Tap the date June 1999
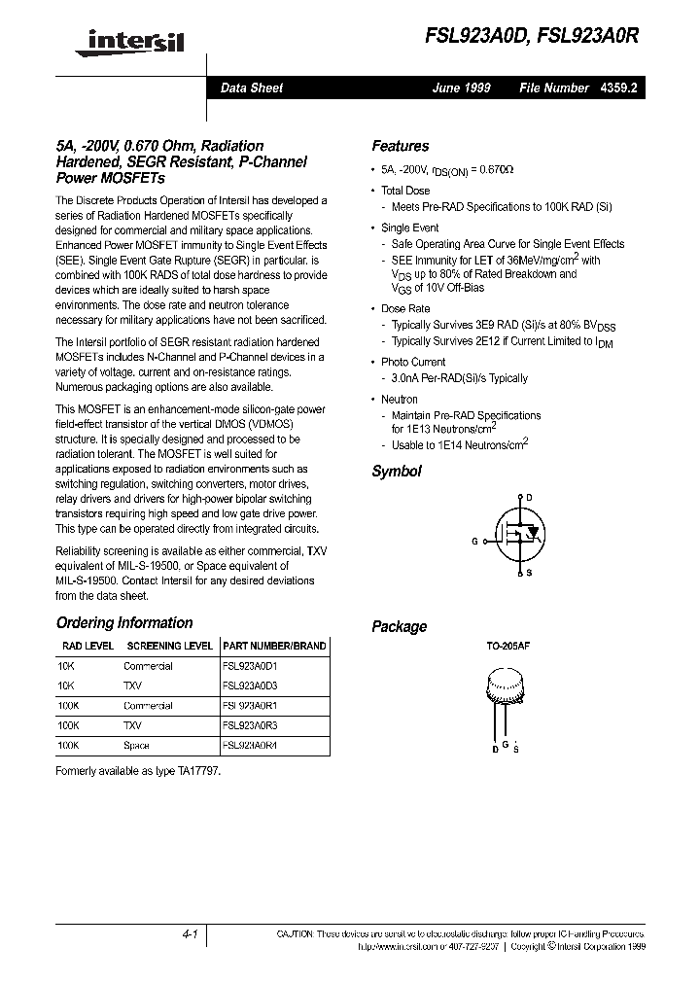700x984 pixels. coord(462,88)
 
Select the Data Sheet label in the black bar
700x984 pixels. coord(252,88)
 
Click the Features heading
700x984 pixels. coord(401,146)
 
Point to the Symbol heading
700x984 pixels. coord(397,472)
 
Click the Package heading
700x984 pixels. coord(400,627)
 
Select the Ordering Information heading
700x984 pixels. coord(124,623)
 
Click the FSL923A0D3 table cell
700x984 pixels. coord(250,685)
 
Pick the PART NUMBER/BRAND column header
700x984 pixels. coord(275,646)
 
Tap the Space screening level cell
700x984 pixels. coord(136,746)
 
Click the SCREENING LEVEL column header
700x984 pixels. coord(170,646)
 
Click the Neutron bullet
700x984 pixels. coord(399,399)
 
